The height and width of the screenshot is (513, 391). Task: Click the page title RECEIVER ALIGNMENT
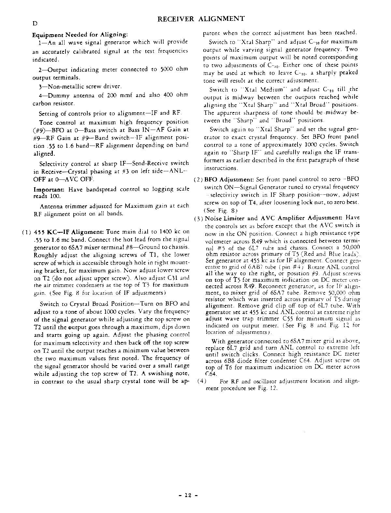click(201, 19)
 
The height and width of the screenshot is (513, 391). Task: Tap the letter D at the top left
click(34, 23)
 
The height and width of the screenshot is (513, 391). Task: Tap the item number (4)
click(202, 381)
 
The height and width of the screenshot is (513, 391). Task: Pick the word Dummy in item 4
click(62, 95)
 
